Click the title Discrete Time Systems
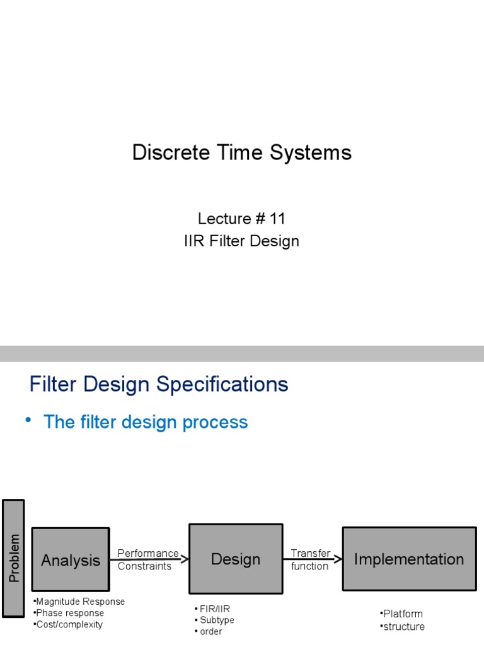242,153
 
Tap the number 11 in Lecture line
277,219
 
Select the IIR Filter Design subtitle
242,241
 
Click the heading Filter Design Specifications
159,384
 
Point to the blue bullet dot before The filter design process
28,420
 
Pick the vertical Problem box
14,558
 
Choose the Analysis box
71,559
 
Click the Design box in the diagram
235,559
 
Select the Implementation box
409,559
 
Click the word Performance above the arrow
148,553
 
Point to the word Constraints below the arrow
144,566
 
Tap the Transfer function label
310,560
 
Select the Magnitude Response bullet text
80,602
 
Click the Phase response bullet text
70,613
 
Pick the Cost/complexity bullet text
69,624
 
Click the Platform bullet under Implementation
403,614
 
